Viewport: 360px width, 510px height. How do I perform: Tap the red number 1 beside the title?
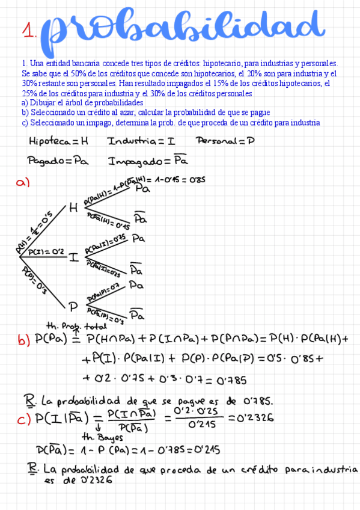[28, 31]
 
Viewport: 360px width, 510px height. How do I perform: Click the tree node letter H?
[74, 208]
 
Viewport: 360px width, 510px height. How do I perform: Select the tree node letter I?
[73, 257]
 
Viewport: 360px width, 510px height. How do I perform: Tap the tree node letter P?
[73, 307]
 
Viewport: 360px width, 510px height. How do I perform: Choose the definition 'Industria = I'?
[141, 142]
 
